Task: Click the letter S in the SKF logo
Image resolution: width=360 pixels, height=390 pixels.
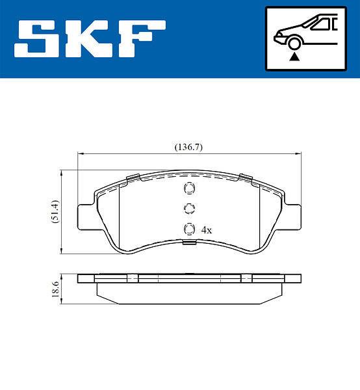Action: tap(36, 38)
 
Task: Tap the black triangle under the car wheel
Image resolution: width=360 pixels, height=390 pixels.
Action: tap(294, 57)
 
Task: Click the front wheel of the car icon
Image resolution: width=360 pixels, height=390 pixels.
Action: tap(294, 44)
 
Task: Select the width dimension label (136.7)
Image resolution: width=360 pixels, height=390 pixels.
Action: tap(188, 148)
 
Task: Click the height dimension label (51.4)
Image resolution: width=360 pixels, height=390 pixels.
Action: tap(55, 212)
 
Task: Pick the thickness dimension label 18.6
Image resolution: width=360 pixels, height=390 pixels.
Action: tap(55, 289)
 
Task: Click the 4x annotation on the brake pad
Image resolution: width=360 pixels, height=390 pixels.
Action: tap(207, 230)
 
